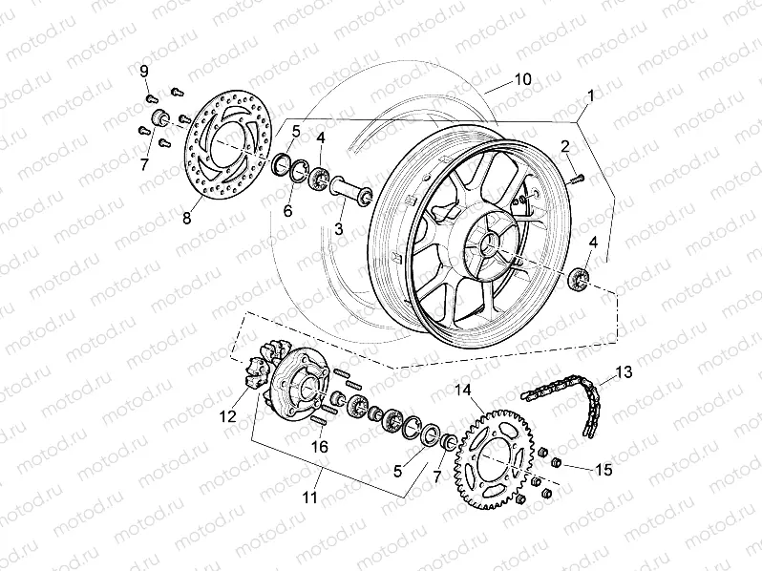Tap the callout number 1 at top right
(591, 95)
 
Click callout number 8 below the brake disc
(186, 219)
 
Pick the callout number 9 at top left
(145, 72)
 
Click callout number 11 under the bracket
(310, 497)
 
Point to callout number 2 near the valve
(565, 145)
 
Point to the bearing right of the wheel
(579, 280)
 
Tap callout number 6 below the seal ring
(287, 211)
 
